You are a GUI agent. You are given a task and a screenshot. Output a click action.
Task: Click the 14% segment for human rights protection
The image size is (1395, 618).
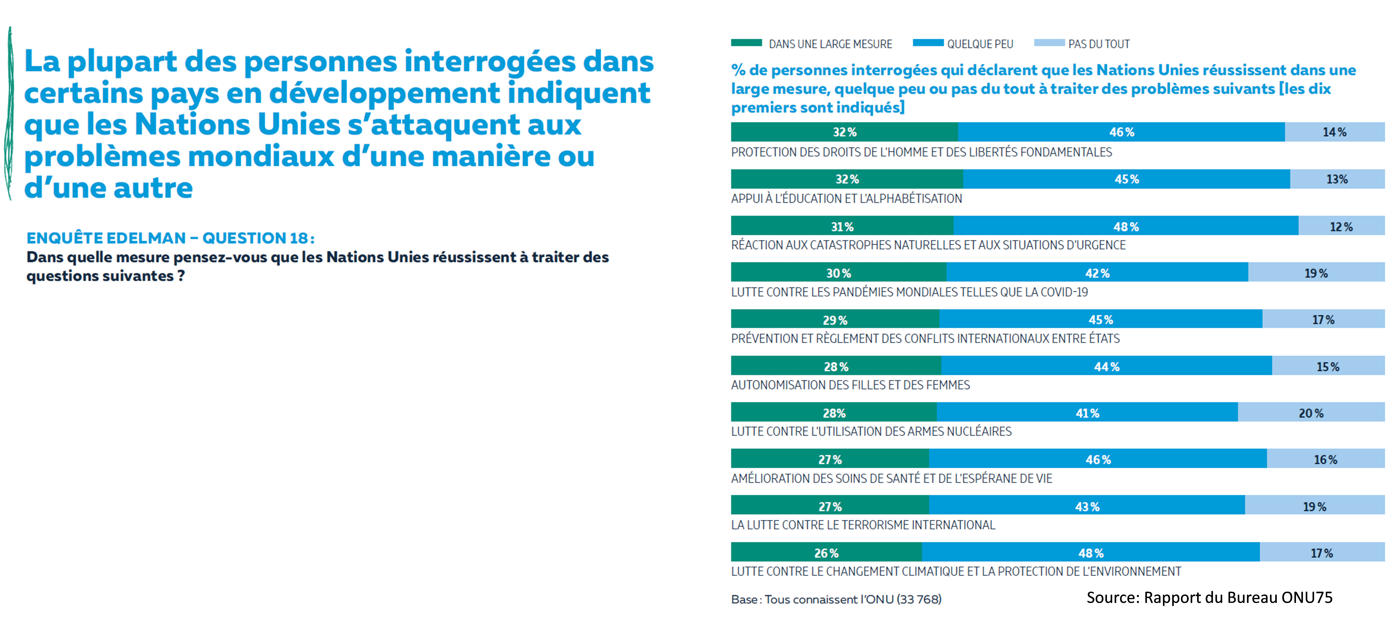pyautogui.click(x=1334, y=132)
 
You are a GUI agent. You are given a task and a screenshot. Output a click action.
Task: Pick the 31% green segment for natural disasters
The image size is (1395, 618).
pyautogui.click(x=842, y=226)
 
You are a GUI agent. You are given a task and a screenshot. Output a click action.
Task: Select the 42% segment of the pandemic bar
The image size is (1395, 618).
pyautogui.click(x=1097, y=273)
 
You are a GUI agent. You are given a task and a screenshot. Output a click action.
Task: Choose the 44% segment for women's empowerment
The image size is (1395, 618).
pyautogui.click(x=1106, y=367)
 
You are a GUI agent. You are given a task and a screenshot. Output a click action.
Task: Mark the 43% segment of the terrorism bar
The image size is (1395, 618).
pyautogui.click(x=1087, y=506)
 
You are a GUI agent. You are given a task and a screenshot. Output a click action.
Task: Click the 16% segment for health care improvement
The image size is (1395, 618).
pyautogui.click(x=1325, y=460)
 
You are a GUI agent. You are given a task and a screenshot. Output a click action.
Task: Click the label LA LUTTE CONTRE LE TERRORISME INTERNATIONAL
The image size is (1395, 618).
pyautogui.click(x=863, y=525)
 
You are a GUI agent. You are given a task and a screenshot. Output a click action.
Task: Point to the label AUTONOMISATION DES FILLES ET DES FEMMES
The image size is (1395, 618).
pyautogui.click(x=850, y=385)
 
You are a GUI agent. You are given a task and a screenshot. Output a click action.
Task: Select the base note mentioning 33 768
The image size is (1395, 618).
pyautogui.click(x=836, y=599)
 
